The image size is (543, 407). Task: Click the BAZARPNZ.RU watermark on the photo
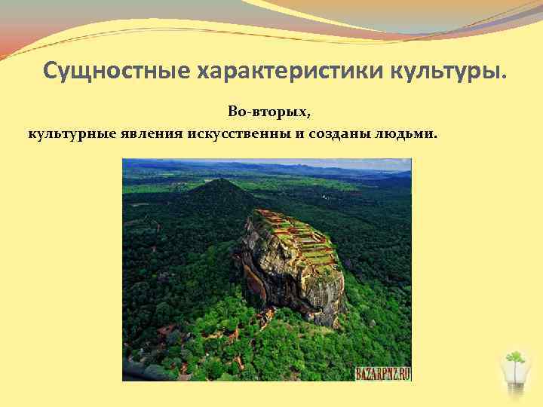click(x=382, y=373)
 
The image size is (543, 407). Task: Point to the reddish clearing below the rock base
click(x=264, y=317)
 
